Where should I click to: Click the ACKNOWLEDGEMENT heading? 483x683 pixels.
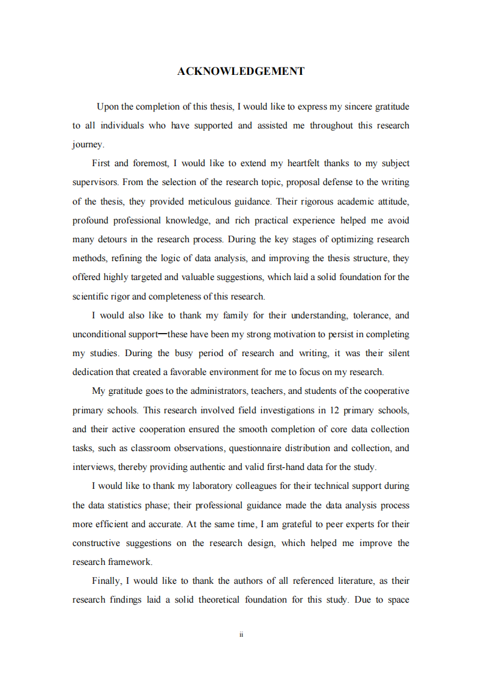(241, 71)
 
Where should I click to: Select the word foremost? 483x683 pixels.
(149, 163)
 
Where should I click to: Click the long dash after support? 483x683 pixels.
(162, 334)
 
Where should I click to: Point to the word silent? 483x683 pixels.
(395, 353)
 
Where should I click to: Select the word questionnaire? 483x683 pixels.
(277, 448)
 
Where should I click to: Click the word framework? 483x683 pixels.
(130, 562)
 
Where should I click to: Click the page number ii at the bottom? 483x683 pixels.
(241, 634)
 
